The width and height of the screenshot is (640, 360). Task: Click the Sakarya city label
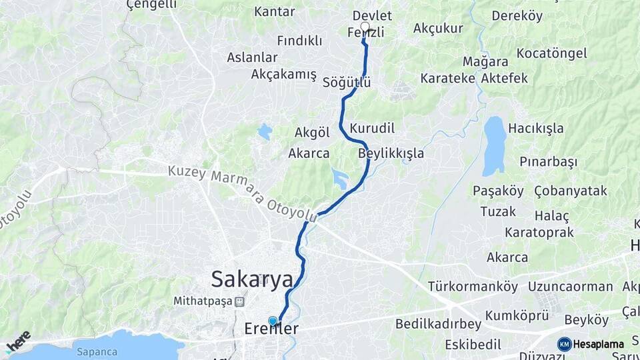[x=252, y=279]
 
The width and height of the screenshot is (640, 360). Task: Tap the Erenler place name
[x=271, y=329]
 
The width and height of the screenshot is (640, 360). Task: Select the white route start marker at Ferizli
[x=365, y=27]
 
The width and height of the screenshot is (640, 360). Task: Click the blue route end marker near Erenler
[x=272, y=321]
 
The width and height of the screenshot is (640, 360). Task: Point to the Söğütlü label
[x=346, y=83]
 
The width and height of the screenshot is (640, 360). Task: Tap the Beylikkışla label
[x=391, y=153]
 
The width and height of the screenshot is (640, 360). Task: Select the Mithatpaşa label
[x=203, y=301]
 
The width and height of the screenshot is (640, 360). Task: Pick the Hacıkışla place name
[x=535, y=128]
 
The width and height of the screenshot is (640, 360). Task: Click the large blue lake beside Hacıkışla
[x=494, y=145]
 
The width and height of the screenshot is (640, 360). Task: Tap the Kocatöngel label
[x=551, y=53]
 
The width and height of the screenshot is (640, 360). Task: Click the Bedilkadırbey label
[x=438, y=324]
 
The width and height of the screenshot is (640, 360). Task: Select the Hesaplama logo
[x=591, y=344]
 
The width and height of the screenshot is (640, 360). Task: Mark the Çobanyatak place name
[x=571, y=191]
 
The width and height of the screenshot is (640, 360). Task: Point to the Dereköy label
[x=517, y=16]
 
